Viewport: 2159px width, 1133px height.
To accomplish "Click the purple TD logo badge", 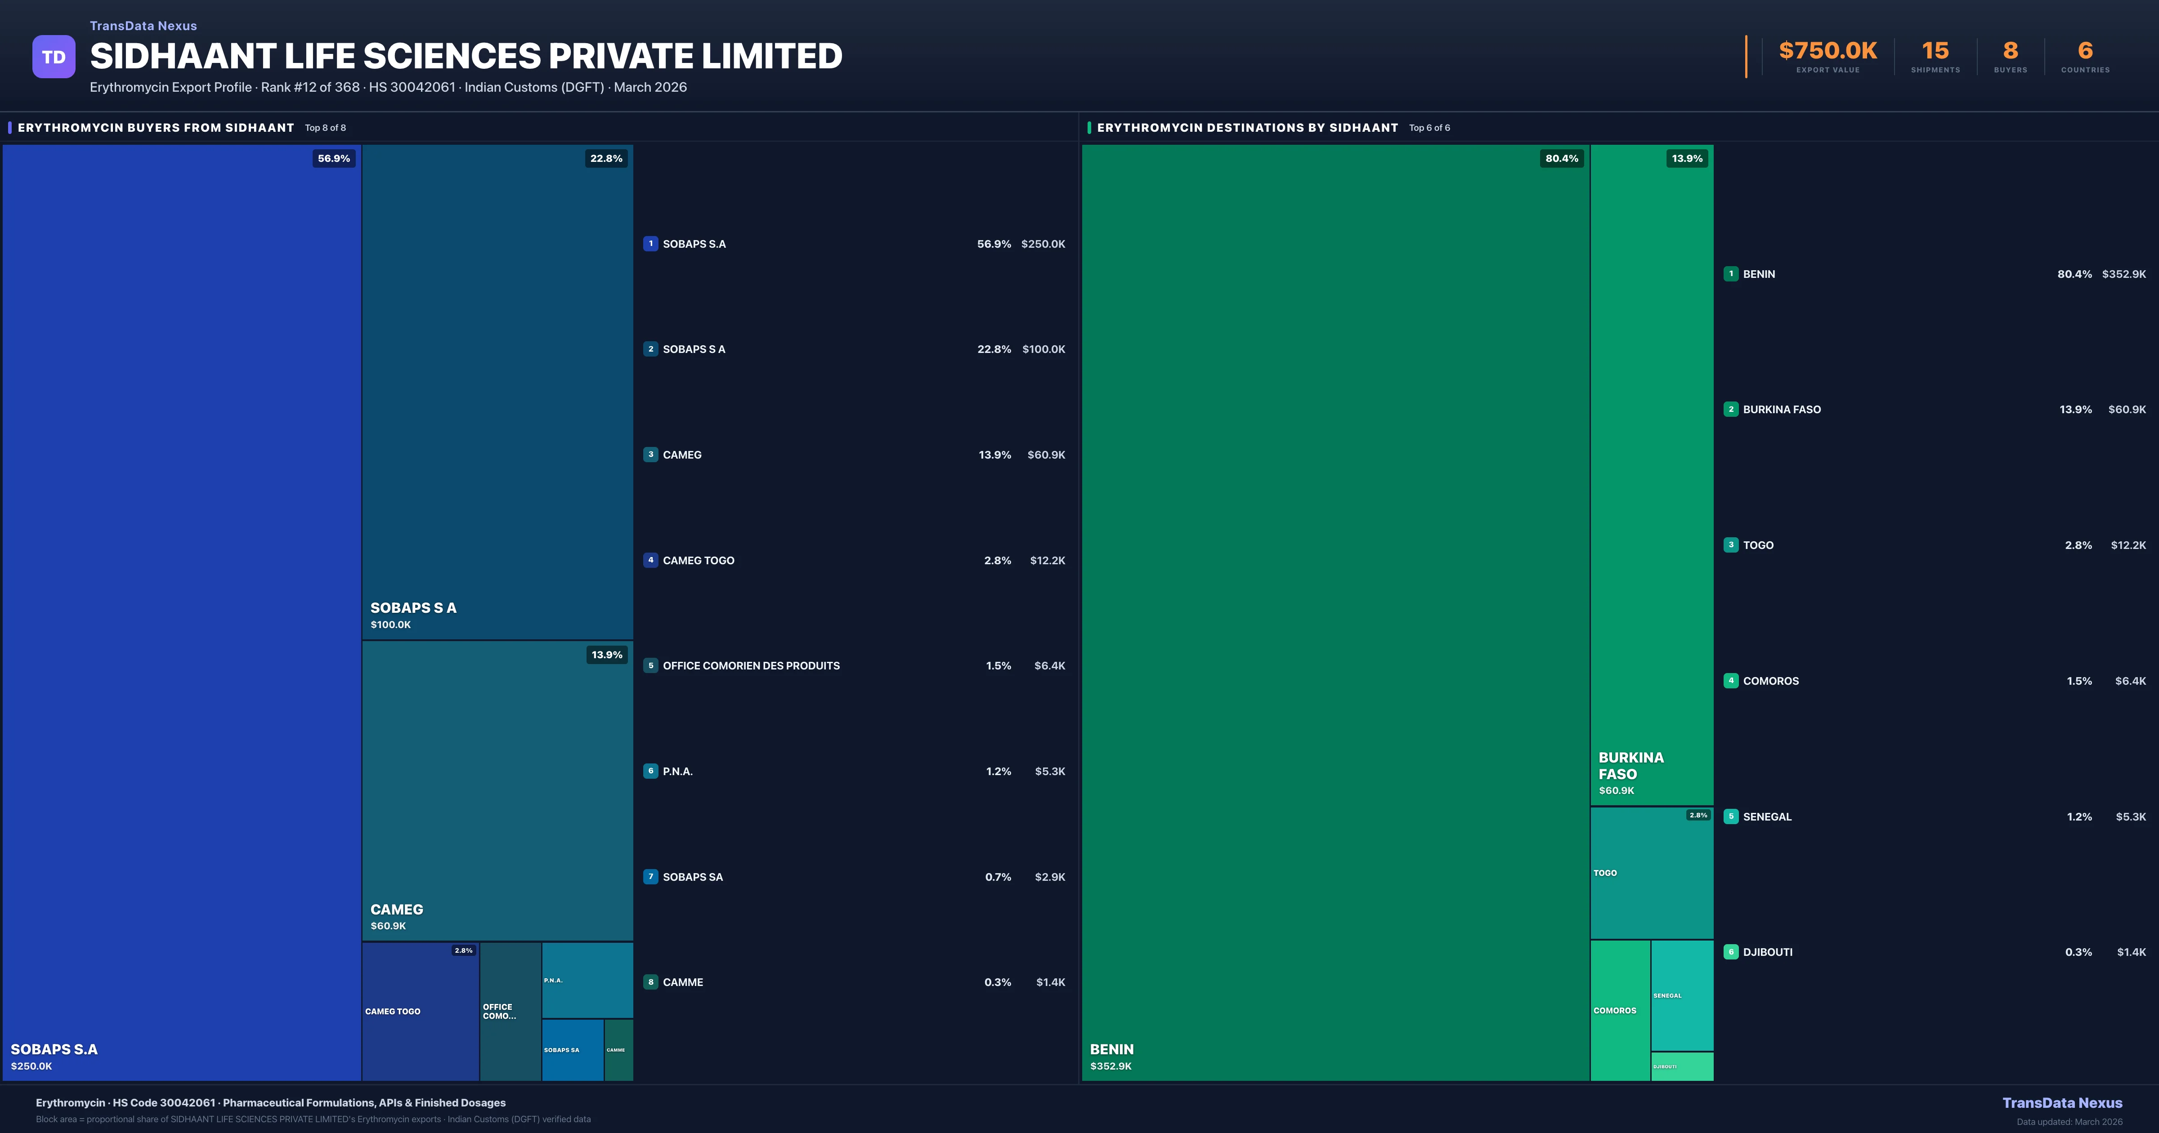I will pos(54,57).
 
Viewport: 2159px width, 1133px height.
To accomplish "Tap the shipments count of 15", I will pos(1935,51).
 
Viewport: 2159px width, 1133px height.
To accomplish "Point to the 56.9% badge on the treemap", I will pos(334,158).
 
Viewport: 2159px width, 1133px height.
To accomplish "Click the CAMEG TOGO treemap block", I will pos(420,1012).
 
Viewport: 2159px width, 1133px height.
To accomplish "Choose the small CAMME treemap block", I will pos(618,1050).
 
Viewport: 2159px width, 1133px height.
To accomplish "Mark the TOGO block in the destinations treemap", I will pos(1651,873).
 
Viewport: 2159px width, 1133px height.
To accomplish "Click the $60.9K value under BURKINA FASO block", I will pos(1616,790).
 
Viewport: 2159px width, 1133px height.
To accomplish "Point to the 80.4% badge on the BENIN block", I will pos(1561,158).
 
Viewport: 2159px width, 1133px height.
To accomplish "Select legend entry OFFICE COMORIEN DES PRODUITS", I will pos(751,665).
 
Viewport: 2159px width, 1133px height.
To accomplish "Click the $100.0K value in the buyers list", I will pos(1044,349).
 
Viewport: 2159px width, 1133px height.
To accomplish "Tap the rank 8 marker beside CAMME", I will pos(650,982).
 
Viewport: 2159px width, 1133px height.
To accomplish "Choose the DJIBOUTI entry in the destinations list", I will pos(1768,952).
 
